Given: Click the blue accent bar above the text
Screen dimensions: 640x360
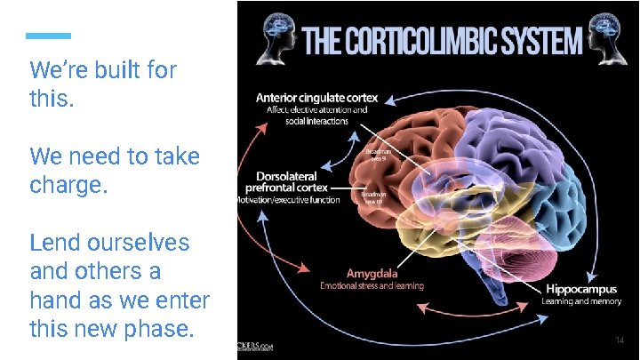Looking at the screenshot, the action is click(x=48, y=36).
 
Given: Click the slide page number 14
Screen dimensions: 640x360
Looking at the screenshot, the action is click(x=620, y=340).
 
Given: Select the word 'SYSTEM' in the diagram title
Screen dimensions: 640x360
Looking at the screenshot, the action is click(x=542, y=40).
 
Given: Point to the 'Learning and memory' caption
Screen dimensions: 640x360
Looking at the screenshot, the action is click(x=581, y=301).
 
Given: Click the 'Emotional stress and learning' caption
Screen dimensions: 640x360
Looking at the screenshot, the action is click(x=372, y=286).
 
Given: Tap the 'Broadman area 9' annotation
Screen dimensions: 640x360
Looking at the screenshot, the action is click(x=379, y=155).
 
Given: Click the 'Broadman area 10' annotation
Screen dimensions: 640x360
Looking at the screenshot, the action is click(x=372, y=197).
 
